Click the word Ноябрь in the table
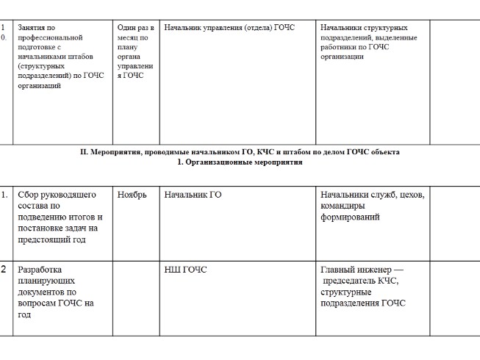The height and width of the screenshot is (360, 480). click(x=132, y=195)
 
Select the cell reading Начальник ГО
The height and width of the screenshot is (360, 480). click(x=193, y=195)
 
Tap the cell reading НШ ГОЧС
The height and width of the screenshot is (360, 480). click(x=185, y=270)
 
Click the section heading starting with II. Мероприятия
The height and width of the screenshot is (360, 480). click(x=240, y=152)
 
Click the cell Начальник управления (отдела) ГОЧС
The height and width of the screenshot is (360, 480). click(x=229, y=28)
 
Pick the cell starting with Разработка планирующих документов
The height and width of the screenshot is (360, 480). click(x=56, y=292)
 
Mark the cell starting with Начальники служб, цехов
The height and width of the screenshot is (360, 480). click(x=372, y=206)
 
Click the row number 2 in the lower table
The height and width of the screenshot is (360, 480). click(x=4, y=269)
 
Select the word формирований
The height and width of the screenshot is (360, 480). click(x=351, y=217)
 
